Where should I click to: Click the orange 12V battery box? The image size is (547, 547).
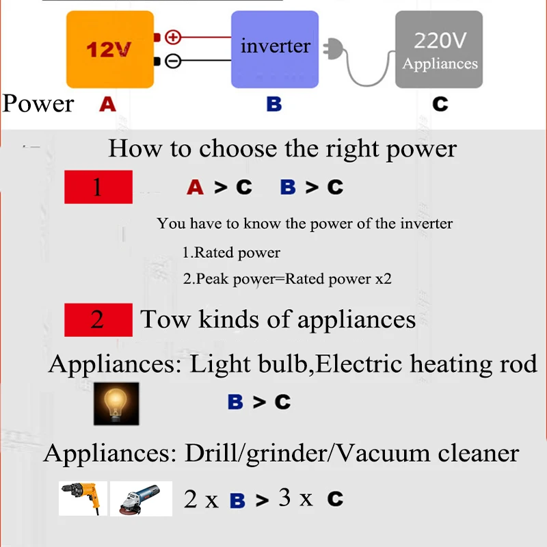pyautogui.click(x=109, y=49)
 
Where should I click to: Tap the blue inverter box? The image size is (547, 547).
pyautogui.click(x=275, y=49)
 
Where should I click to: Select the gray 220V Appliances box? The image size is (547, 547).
pyautogui.click(x=440, y=50)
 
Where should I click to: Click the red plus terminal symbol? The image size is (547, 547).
pyautogui.click(x=174, y=37)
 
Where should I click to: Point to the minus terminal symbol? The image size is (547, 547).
pyautogui.click(x=174, y=62)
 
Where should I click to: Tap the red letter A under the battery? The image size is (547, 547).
pyautogui.click(x=107, y=104)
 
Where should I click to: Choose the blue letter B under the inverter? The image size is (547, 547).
pyautogui.click(x=273, y=105)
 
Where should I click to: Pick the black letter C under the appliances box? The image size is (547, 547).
pyautogui.click(x=440, y=105)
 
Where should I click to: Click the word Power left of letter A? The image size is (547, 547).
pyautogui.click(x=38, y=104)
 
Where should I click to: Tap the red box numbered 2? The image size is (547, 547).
pyautogui.click(x=98, y=320)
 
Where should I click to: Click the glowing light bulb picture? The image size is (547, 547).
pyautogui.click(x=116, y=403)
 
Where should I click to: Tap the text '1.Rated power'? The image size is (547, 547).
pyautogui.click(x=231, y=252)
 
